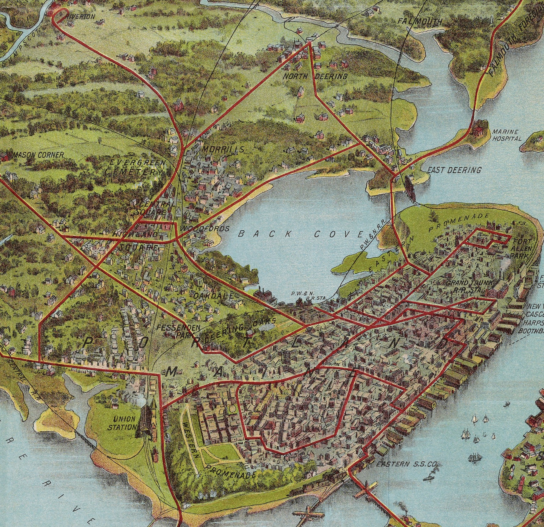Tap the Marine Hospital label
pyautogui.click(x=507, y=135)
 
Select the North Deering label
pyautogui.click(x=315, y=76)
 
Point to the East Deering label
pyautogui.click(x=454, y=170)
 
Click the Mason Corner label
pyautogui.click(x=39, y=155)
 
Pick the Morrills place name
pyautogui.click(x=223, y=149)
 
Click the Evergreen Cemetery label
pyautogui.click(x=135, y=167)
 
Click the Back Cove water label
pyautogui.click(x=300, y=234)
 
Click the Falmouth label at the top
pyautogui.click(x=419, y=21)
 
